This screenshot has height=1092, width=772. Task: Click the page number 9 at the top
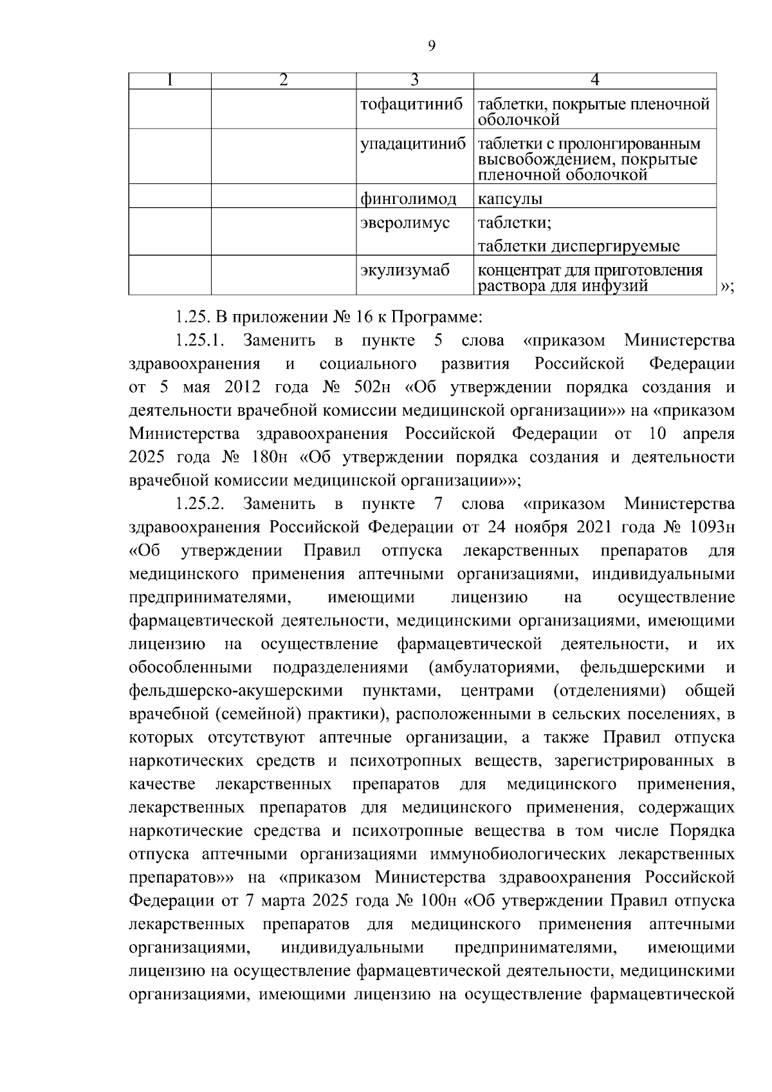tap(431, 45)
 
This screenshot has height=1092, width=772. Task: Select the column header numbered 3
tap(415, 80)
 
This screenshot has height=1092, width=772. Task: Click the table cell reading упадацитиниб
tap(412, 144)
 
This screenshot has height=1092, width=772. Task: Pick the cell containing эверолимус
tap(405, 223)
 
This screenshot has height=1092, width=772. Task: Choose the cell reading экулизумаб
tap(405, 271)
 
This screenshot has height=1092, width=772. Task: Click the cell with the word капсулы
tap(510, 199)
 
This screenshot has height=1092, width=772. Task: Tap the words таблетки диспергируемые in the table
tap(578, 246)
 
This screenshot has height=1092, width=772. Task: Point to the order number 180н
tap(274, 458)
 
